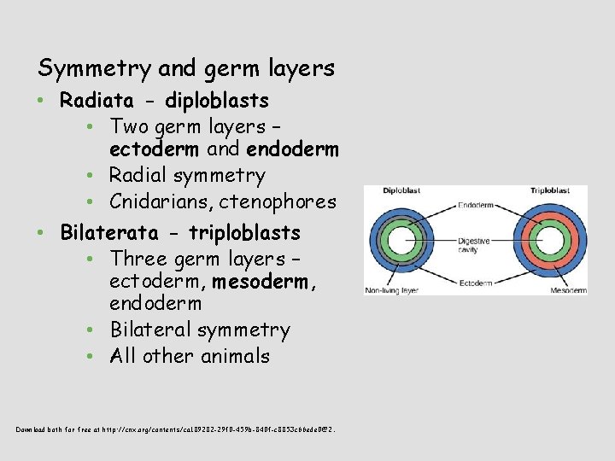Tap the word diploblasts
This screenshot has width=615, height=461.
click(x=217, y=101)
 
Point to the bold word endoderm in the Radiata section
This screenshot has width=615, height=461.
click(x=292, y=150)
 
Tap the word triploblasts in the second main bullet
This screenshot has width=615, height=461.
click(x=244, y=232)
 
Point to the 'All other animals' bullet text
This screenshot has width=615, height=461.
click(x=190, y=356)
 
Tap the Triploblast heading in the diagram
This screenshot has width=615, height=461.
click(x=550, y=191)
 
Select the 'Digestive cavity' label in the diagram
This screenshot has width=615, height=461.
click(x=474, y=246)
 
